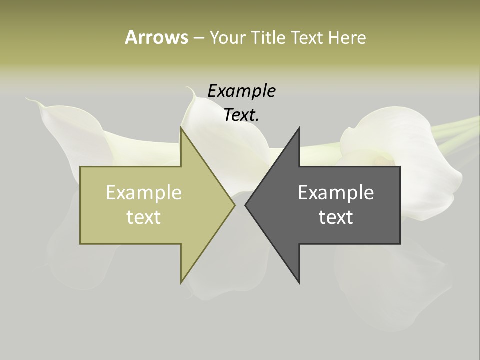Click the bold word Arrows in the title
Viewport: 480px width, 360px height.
coord(156,37)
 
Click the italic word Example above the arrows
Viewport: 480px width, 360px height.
coord(241,91)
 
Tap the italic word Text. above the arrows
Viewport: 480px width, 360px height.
coord(241,115)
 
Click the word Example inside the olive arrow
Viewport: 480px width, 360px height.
coord(144,192)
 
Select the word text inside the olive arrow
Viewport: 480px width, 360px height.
coord(144,217)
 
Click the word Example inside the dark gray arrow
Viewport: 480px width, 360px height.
coord(336,192)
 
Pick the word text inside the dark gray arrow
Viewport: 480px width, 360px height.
coord(336,217)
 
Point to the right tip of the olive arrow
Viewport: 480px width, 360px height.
coord(235,205)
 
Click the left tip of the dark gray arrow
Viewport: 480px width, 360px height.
coord(245,205)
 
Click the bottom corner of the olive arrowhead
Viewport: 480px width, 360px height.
coord(181,283)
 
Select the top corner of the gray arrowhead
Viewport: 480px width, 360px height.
coord(299,128)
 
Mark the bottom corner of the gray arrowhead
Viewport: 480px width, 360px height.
coord(299,283)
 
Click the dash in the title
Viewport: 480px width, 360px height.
coord(198,38)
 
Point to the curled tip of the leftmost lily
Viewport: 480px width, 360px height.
coord(29,100)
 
